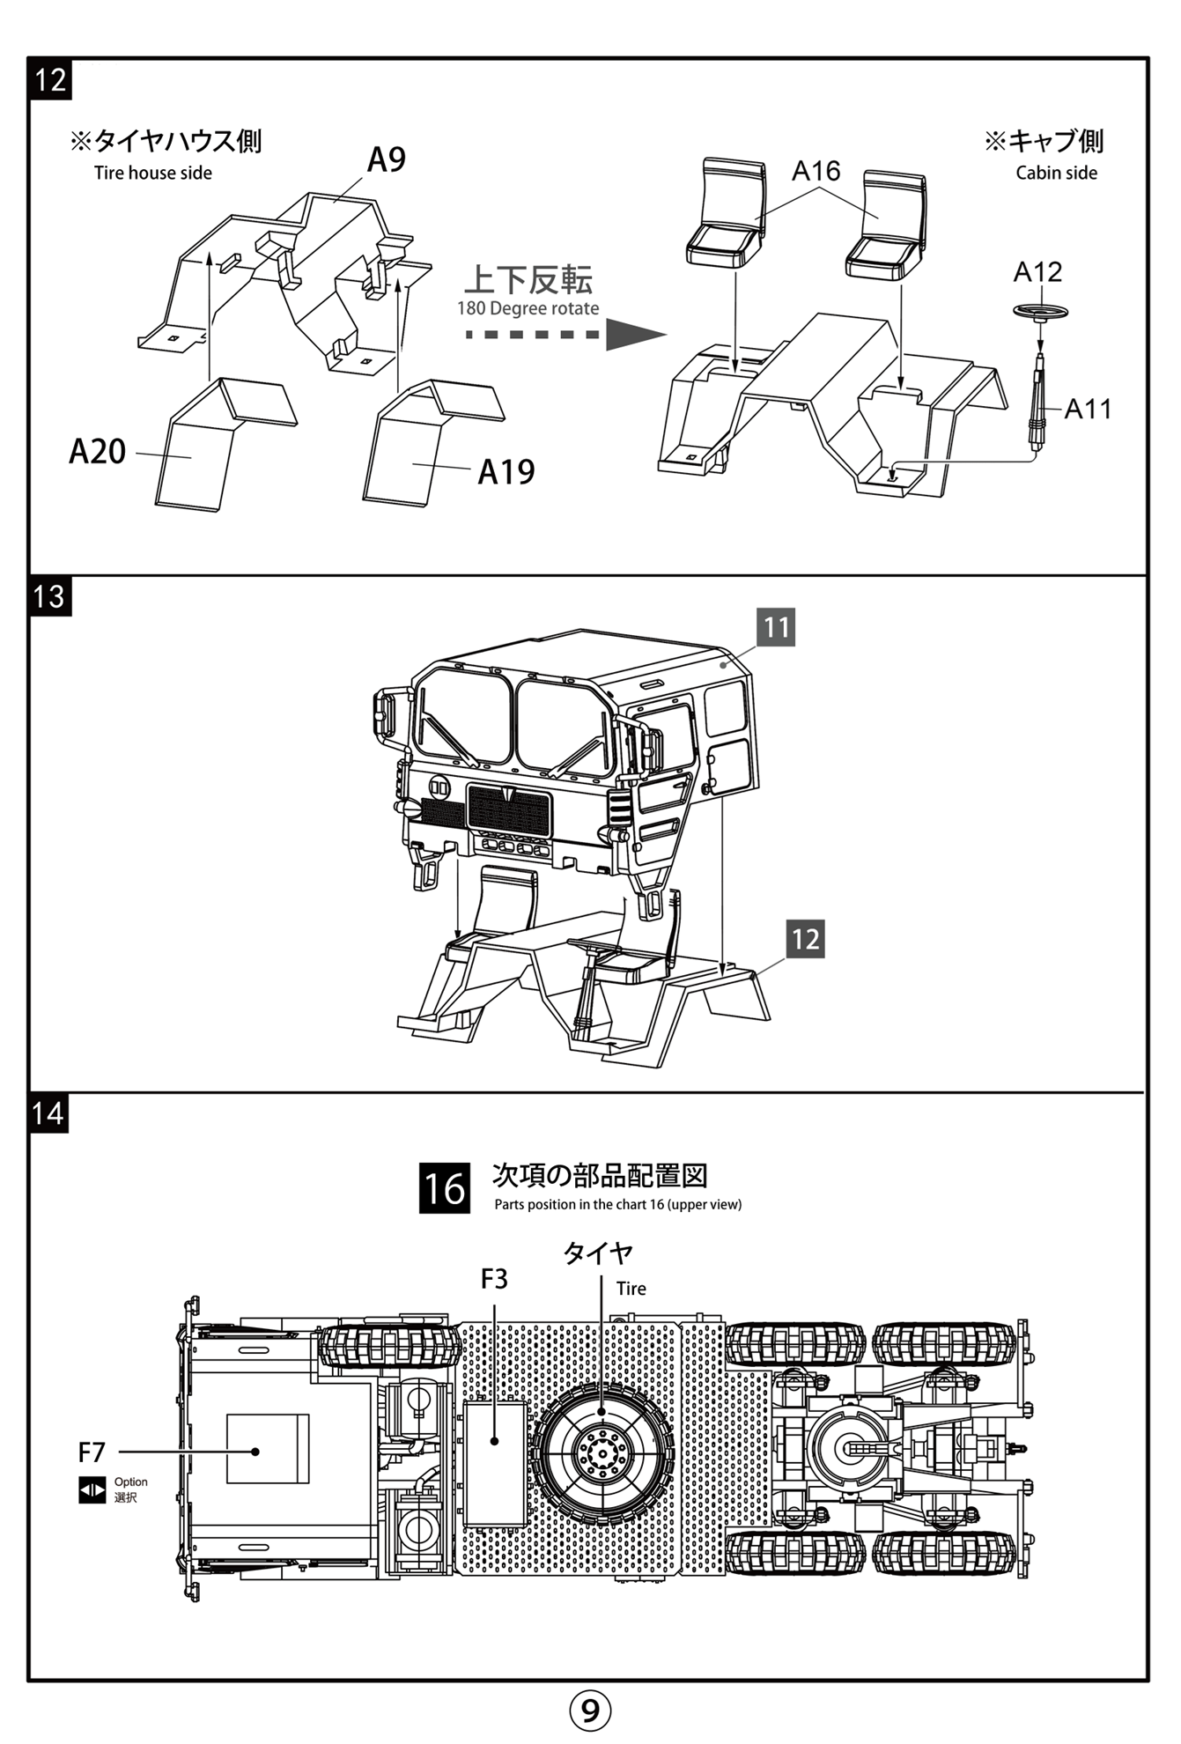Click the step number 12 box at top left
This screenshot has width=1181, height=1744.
click(x=50, y=80)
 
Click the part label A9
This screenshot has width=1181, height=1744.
click(x=387, y=160)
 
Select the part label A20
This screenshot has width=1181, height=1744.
click(x=98, y=452)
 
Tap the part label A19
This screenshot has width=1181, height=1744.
click(x=506, y=472)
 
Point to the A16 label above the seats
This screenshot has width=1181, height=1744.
click(x=816, y=171)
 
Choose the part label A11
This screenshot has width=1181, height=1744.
click(x=1088, y=409)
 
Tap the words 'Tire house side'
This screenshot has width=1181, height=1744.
click(x=153, y=173)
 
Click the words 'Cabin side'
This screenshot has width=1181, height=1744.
click(x=1056, y=173)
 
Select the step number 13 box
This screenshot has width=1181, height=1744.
click(x=49, y=597)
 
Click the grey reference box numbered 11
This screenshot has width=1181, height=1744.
click(x=776, y=627)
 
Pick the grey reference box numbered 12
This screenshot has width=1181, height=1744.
click(x=805, y=939)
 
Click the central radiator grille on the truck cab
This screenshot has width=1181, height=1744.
click(x=510, y=810)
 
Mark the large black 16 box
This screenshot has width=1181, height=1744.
click(x=444, y=1188)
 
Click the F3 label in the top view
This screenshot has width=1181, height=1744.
click(x=494, y=1279)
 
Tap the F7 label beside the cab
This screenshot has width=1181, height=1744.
click(x=92, y=1452)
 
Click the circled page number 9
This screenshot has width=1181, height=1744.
click(x=590, y=1710)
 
